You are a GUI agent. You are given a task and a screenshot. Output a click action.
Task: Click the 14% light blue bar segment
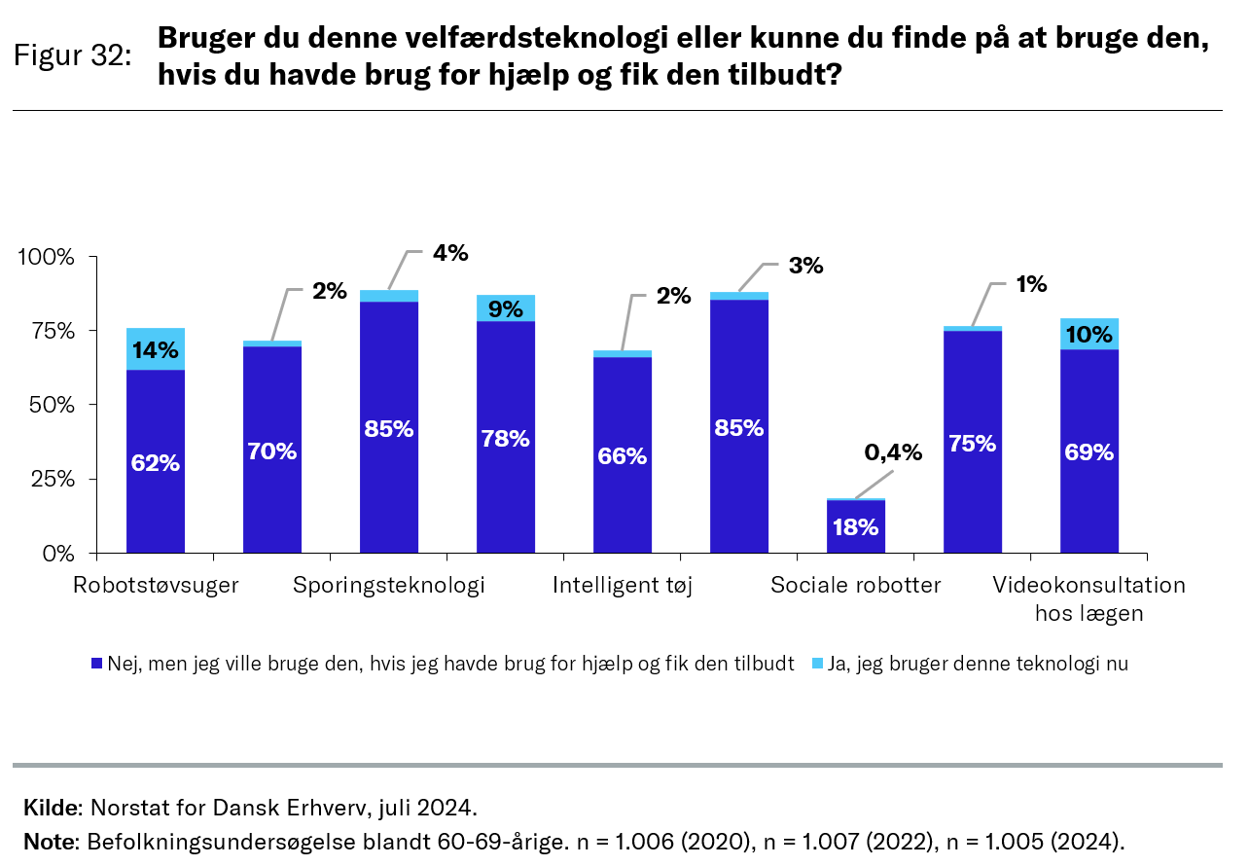tap(156, 349)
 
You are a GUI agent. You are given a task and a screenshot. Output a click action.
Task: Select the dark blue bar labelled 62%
tap(156, 461)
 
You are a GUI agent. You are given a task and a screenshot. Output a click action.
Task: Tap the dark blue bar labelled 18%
tap(856, 526)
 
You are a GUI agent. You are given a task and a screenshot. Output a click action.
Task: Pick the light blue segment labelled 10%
tap(1089, 334)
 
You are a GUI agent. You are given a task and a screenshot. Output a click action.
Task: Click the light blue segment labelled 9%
tap(506, 308)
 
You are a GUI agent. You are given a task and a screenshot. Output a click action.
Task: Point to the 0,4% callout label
tap(893, 452)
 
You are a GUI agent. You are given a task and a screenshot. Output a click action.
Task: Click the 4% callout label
tap(451, 254)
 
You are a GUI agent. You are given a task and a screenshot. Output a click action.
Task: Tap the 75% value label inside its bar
tap(972, 444)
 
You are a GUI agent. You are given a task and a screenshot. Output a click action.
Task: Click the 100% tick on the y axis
tap(47, 257)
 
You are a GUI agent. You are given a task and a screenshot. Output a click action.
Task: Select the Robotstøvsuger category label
tap(156, 586)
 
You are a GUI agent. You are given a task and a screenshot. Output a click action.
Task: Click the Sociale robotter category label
tap(856, 586)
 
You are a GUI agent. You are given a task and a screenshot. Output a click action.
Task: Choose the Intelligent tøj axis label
tap(623, 586)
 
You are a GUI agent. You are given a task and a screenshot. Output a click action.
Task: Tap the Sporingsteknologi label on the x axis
tap(389, 586)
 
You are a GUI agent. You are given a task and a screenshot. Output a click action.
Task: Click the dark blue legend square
tap(96, 664)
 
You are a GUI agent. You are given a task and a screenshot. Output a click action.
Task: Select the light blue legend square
tap(818, 664)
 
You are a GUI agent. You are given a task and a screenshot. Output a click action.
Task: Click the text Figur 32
tap(73, 55)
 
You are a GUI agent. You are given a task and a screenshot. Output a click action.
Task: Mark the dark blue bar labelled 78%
tap(506, 438)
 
